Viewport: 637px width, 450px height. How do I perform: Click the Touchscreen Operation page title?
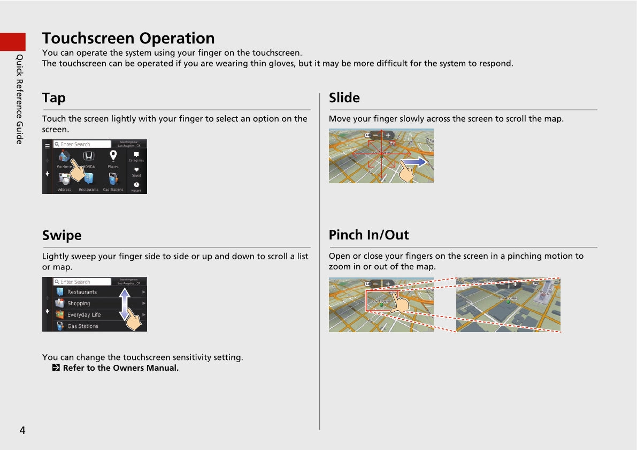coord(128,39)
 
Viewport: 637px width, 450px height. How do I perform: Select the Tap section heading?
coord(54,98)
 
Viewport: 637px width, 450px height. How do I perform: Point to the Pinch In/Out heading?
coord(369,235)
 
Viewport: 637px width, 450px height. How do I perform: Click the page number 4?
coord(22,430)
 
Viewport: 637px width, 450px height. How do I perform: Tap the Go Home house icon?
coord(64,156)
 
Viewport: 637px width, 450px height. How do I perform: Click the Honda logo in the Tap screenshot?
coord(89,156)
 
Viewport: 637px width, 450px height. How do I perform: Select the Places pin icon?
coord(113,156)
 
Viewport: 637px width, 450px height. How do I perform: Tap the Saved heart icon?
coord(136,169)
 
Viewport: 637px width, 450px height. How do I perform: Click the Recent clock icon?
coord(136,185)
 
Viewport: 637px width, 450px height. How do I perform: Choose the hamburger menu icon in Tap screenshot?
coord(47,146)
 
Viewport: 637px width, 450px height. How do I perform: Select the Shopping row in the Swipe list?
coord(79,303)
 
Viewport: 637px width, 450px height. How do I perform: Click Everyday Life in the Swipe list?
coord(83,314)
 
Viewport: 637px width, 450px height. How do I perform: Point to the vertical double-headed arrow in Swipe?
coord(124,304)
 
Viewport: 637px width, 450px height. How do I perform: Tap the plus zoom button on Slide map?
coord(388,136)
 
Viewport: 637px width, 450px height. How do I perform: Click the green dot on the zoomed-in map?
coord(508,302)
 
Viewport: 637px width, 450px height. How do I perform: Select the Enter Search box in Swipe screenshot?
coord(82,282)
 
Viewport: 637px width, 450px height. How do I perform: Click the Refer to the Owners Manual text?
coord(120,368)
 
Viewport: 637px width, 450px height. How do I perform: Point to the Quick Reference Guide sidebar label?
coord(19,99)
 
